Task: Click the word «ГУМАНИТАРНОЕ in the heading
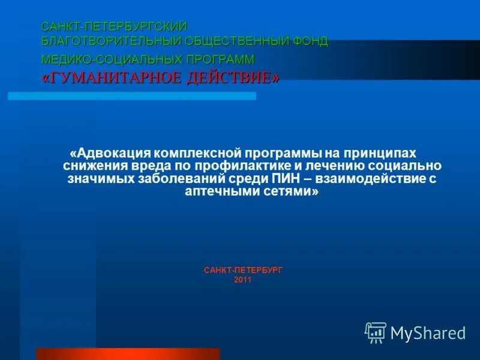point(104,78)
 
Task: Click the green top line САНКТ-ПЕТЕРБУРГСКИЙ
point(115,27)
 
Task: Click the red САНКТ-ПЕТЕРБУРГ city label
point(243,271)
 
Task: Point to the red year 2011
point(243,280)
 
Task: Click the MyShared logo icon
point(376,332)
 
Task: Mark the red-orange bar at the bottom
point(128,353)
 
